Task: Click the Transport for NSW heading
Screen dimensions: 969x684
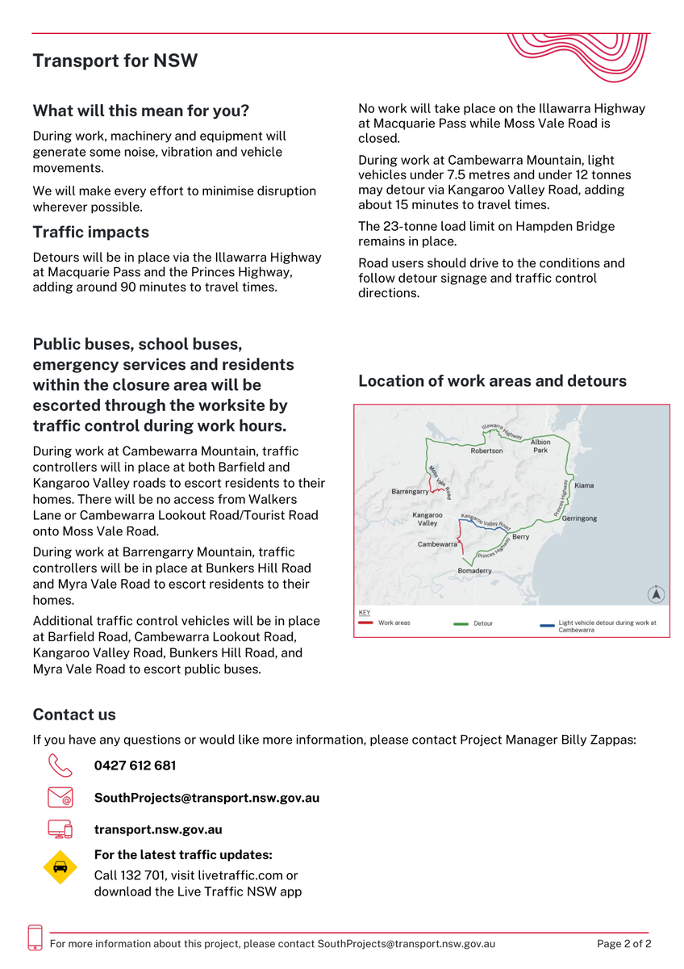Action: tap(115, 61)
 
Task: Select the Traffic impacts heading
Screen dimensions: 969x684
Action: tap(90, 233)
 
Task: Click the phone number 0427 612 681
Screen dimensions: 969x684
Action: tap(135, 766)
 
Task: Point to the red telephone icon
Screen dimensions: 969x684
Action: tap(60, 765)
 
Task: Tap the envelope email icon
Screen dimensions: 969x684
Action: tap(60, 798)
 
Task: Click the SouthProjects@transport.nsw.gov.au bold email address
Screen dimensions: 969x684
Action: tap(206, 798)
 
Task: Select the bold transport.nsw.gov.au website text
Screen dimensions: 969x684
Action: tap(158, 829)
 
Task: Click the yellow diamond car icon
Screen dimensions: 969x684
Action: tap(60, 866)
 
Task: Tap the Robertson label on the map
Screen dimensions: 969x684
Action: tap(486, 451)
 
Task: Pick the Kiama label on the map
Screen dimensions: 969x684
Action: tap(584, 485)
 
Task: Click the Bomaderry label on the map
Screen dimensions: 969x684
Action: tap(474, 571)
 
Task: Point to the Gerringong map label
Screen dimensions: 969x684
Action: tap(579, 518)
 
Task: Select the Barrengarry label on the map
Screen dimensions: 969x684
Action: tap(410, 491)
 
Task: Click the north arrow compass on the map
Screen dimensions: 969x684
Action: tap(657, 594)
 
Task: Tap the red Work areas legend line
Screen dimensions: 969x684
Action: tap(365, 623)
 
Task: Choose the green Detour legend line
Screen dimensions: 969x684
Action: tap(461, 623)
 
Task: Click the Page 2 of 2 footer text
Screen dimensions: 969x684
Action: tap(624, 943)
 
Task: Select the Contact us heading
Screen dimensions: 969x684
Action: tap(74, 715)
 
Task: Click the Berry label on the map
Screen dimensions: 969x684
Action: tap(520, 537)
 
